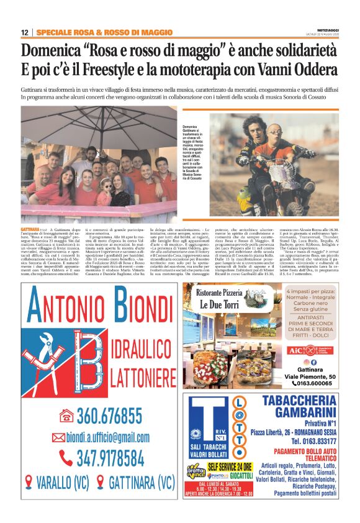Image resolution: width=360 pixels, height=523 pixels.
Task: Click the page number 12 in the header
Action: coord(24,32)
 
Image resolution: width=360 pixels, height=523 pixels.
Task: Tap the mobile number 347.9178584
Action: coord(109,458)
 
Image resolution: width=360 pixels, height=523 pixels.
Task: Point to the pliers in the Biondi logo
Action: coord(49,352)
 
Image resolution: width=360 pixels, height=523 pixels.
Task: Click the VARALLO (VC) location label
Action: coord(59,483)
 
